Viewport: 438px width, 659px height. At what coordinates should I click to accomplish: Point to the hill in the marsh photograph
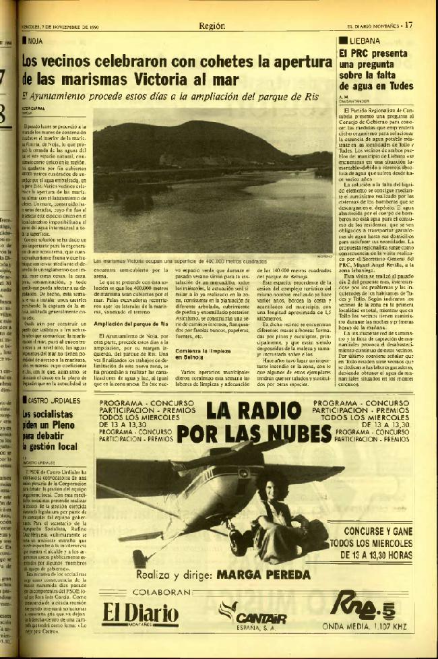189,142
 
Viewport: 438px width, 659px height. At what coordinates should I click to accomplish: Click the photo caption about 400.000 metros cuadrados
174,260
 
